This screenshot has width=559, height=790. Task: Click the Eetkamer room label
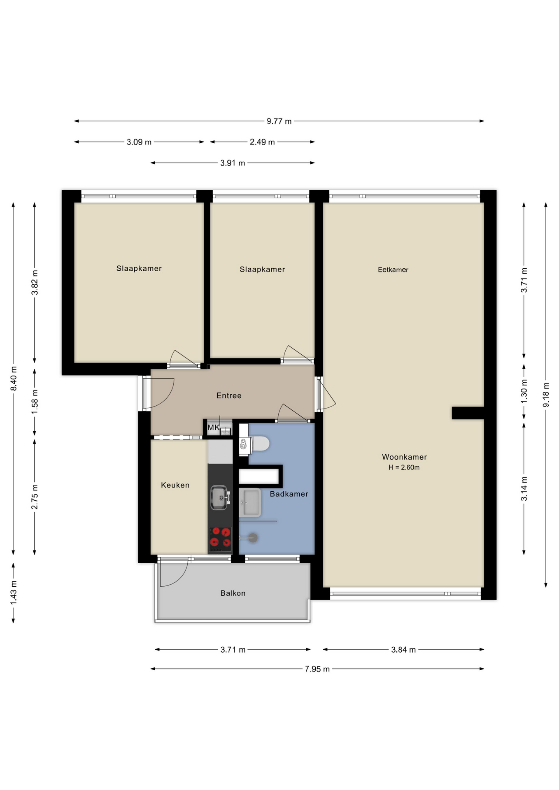click(393, 270)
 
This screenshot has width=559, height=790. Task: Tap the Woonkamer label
click(404, 457)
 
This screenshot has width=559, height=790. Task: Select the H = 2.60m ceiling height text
click(404, 467)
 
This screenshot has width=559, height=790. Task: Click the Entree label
click(229, 395)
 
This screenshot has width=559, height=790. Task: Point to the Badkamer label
click(289, 494)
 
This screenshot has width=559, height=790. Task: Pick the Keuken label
click(175, 485)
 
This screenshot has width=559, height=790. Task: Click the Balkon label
click(233, 593)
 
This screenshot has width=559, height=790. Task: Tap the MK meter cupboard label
click(214, 428)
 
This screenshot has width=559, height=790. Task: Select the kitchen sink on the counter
click(220, 497)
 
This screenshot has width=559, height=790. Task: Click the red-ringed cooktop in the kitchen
click(220, 539)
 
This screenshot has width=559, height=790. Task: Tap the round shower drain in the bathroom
click(253, 537)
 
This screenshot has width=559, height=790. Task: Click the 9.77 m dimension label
click(279, 121)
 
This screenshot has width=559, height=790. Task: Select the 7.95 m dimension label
click(317, 669)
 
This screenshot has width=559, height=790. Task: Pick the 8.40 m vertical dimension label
click(14, 379)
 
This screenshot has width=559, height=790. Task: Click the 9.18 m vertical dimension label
click(546, 395)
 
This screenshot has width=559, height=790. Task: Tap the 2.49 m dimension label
click(262, 142)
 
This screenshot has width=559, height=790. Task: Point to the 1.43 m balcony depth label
click(14, 593)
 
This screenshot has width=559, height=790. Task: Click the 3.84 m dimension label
click(403, 650)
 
